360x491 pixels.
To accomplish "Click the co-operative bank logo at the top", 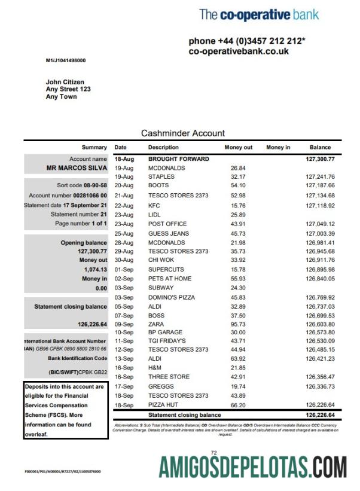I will tap(259, 14).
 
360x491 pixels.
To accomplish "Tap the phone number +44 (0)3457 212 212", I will tap(246, 41).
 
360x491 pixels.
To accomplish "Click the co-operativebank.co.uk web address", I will tap(239, 51).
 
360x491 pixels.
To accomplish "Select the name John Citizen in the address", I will tap(65, 82).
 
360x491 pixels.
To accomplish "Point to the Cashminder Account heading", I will tap(183, 133).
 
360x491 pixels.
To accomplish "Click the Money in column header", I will tap(278, 147).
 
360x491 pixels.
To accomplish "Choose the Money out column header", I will tap(239, 147).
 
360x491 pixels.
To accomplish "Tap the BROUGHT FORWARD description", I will tap(178, 159).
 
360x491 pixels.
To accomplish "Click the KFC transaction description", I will tap(154, 205).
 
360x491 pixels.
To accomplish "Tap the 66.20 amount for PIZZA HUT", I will tap(238, 405).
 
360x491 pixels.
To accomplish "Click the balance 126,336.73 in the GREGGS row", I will tap(320, 386).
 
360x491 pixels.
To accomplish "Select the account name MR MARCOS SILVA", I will tap(77, 168).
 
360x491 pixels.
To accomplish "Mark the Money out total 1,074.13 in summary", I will tap(94, 270).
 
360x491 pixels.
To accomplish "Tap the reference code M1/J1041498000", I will tap(66, 60).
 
